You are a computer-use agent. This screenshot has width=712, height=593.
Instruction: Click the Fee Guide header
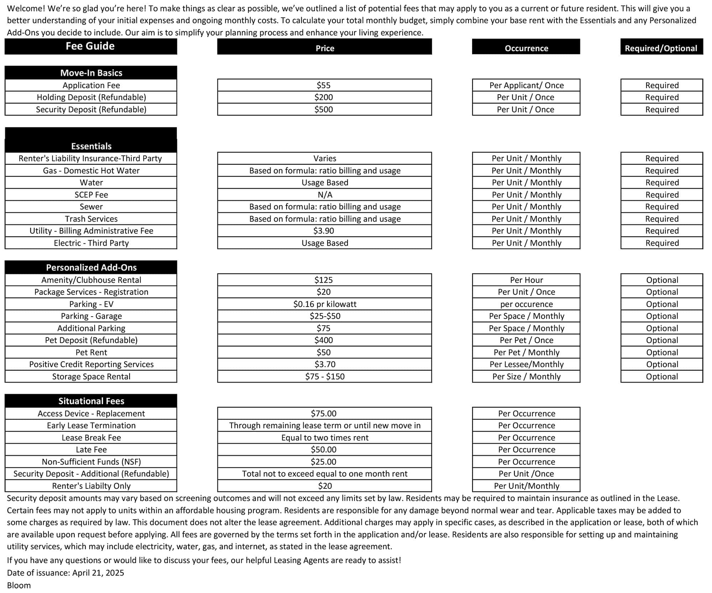tap(90, 46)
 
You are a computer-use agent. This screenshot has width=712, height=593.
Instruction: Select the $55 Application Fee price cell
tap(324, 85)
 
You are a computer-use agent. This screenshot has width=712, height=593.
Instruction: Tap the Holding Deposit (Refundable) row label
tap(91, 97)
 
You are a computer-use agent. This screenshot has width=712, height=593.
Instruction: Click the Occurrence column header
tap(526, 48)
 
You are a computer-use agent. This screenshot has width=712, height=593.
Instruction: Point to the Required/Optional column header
tap(661, 48)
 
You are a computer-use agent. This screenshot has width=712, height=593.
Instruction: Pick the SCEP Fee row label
tap(91, 195)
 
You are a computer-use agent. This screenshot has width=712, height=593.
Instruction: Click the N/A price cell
tap(325, 195)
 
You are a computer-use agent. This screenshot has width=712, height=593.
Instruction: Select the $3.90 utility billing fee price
tap(324, 231)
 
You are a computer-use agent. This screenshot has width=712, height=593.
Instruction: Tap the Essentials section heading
tap(91, 146)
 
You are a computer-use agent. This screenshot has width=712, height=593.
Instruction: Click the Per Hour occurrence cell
tap(526, 280)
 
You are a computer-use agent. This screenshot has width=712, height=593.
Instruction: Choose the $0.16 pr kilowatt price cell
tap(325, 304)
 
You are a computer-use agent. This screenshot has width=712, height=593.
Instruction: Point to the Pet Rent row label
tap(91, 353)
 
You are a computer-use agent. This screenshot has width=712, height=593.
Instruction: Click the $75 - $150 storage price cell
tap(325, 377)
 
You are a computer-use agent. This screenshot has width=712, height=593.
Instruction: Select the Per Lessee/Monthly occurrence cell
tap(527, 365)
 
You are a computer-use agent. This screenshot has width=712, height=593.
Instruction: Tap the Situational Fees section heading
tap(91, 401)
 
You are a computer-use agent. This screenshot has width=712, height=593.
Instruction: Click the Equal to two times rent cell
tap(325, 438)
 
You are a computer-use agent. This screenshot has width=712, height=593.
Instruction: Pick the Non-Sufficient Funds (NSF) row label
tap(91, 462)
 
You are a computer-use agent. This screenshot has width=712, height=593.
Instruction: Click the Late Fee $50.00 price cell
tap(324, 450)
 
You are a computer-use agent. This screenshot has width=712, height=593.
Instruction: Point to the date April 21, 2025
tap(98, 573)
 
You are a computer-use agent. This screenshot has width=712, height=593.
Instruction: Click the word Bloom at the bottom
tap(19, 586)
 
